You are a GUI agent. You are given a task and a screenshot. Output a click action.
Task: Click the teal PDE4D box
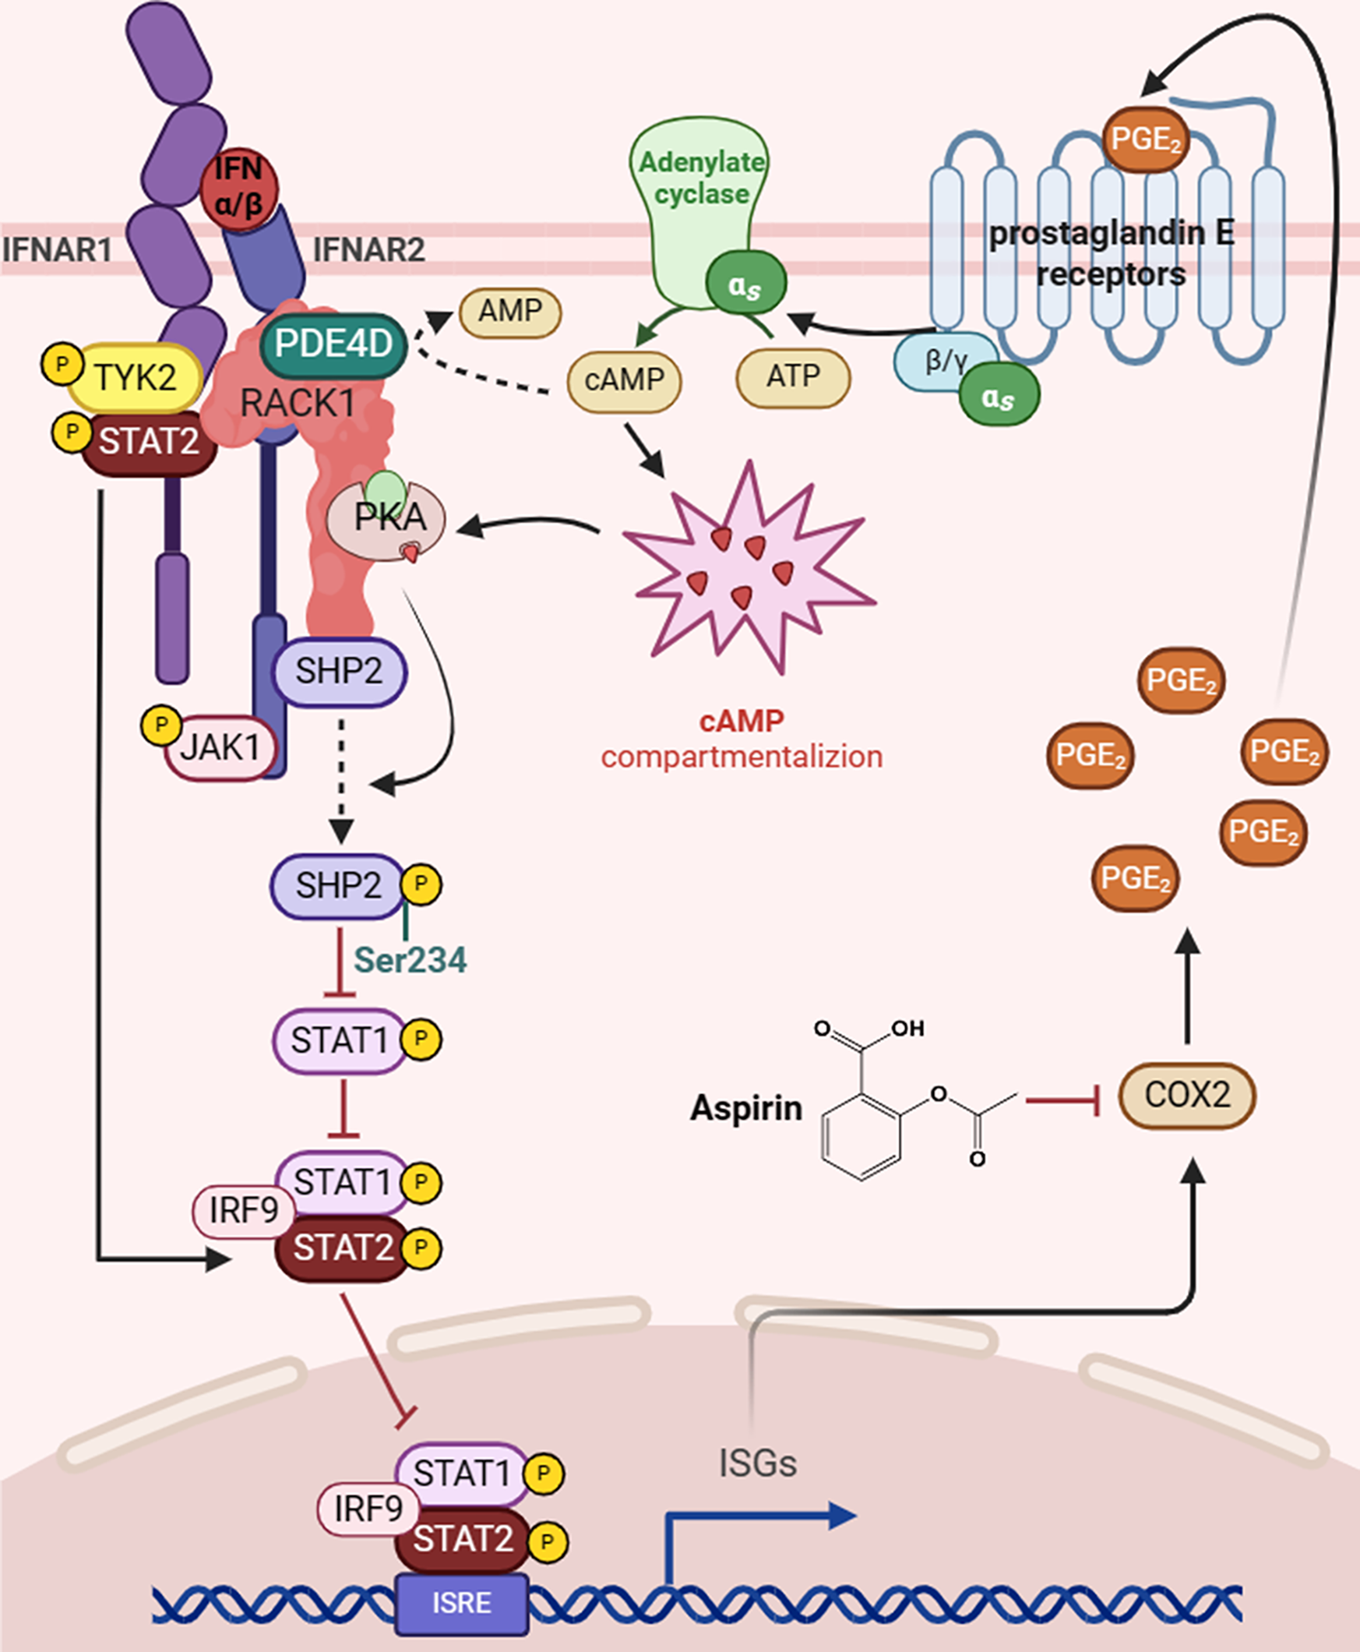(333, 344)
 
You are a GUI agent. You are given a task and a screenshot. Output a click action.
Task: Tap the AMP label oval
(510, 311)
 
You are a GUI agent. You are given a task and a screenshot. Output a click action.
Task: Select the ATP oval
(793, 377)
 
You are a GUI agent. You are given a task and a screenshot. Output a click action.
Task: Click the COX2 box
(1187, 1095)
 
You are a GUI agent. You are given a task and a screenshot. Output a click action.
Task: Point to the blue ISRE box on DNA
(462, 1602)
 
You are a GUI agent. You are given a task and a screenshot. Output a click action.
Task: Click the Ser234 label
(410, 961)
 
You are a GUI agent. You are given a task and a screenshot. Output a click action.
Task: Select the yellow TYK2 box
(135, 377)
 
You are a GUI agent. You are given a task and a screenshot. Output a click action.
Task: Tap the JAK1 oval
(220, 747)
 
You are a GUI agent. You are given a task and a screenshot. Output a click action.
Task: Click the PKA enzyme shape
(387, 518)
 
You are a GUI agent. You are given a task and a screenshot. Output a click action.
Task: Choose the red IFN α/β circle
(238, 189)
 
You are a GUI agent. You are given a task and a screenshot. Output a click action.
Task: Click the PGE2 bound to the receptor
(1145, 139)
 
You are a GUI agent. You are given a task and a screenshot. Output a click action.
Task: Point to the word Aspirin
(746, 1107)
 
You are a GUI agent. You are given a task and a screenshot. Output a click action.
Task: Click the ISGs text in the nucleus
(758, 1463)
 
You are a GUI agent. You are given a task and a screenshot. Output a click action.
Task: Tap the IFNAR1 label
(57, 250)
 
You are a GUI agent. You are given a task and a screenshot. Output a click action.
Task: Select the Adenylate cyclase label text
(702, 177)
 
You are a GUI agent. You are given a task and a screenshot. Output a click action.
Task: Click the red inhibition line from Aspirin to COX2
(1063, 1098)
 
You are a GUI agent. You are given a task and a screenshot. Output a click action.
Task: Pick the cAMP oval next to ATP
(624, 379)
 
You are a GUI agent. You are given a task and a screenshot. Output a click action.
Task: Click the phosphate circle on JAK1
(161, 725)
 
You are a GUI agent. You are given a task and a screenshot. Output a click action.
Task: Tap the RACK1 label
(297, 403)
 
